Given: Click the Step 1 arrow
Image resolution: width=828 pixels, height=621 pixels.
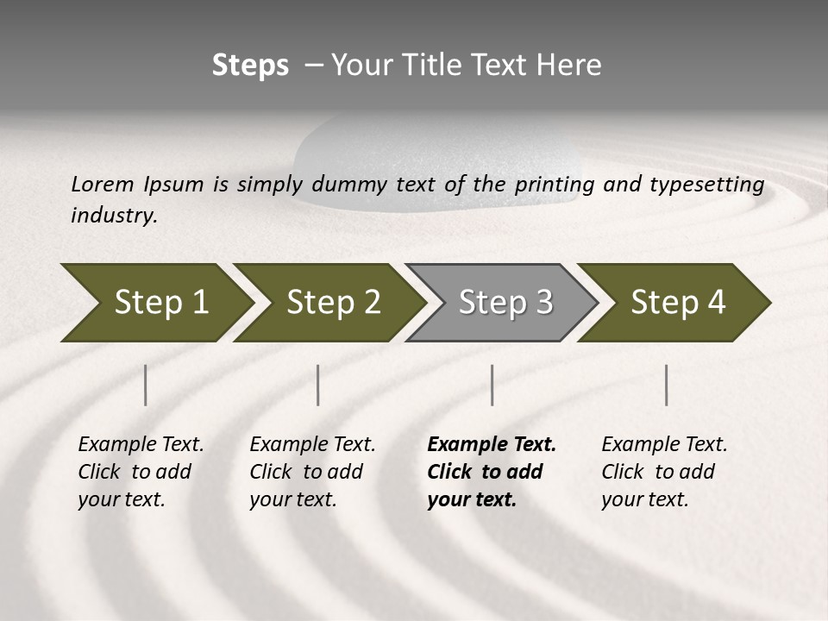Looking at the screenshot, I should click(155, 303).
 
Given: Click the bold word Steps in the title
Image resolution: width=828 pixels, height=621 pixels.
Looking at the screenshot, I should click(250, 66).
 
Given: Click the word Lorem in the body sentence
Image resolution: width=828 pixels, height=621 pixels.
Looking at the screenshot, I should click(102, 185).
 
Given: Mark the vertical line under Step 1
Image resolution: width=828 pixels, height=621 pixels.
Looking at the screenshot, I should click(146, 385).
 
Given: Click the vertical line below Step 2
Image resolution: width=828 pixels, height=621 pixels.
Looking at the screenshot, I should click(318, 385).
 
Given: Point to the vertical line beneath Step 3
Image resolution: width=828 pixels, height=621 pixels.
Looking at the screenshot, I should click(492, 385).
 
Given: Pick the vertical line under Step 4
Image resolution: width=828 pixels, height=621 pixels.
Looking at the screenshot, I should click(667, 385).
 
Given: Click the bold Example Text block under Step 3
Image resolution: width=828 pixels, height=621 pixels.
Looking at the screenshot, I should click(491, 472).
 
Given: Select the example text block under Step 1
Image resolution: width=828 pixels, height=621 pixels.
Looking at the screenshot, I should click(140, 472).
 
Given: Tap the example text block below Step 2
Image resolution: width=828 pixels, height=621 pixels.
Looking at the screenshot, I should click(311, 472).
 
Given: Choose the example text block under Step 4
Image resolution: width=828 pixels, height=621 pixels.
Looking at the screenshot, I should click(663, 472).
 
